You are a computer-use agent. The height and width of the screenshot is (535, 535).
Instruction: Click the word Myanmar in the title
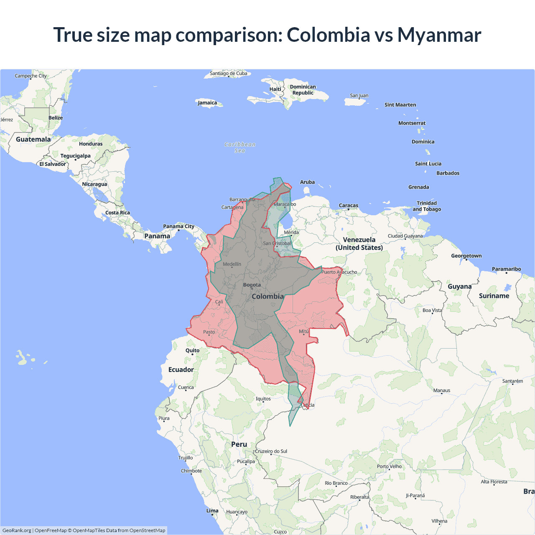pyautogui.click(x=439, y=35)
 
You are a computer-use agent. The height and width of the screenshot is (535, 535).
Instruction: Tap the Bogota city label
pyautogui.click(x=252, y=285)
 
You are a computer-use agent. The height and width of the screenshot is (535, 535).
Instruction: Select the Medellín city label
pyautogui.click(x=232, y=264)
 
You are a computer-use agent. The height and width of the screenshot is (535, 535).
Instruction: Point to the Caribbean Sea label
pyautogui.click(x=240, y=148)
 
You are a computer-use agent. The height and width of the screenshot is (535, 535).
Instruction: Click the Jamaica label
pyautogui.click(x=207, y=103)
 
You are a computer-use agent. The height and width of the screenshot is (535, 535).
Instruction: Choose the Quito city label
pyautogui.click(x=192, y=351)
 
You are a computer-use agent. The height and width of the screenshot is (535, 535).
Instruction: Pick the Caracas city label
pyautogui.click(x=349, y=206)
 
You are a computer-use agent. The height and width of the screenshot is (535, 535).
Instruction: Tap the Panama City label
pyautogui.click(x=178, y=227)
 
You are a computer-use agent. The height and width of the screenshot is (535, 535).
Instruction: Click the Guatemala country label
pyautogui.click(x=33, y=139)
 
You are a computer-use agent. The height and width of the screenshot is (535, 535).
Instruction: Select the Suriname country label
pyautogui.click(x=494, y=296)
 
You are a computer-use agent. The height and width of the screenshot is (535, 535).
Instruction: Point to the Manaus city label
pyautogui.click(x=442, y=390)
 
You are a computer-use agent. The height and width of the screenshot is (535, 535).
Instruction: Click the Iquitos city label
pyautogui.click(x=263, y=399)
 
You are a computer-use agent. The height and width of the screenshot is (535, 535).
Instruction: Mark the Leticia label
pyautogui.click(x=308, y=405)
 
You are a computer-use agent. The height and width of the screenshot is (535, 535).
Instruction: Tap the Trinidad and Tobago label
pyautogui.click(x=427, y=206)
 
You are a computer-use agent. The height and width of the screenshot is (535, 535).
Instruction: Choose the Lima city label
pyautogui.click(x=212, y=511)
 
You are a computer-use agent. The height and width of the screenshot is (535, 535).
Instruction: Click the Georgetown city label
pyautogui.click(x=466, y=256)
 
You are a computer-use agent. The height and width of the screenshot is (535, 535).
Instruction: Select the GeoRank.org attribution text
pyautogui.click(x=17, y=530)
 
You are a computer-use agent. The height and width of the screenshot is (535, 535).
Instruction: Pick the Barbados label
pyautogui.click(x=448, y=173)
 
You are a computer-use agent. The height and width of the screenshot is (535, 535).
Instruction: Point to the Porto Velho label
pyautogui.click(x=389, y=466)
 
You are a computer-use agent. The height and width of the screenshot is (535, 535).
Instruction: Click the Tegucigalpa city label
pyautogui.click(x=75, y=156)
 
